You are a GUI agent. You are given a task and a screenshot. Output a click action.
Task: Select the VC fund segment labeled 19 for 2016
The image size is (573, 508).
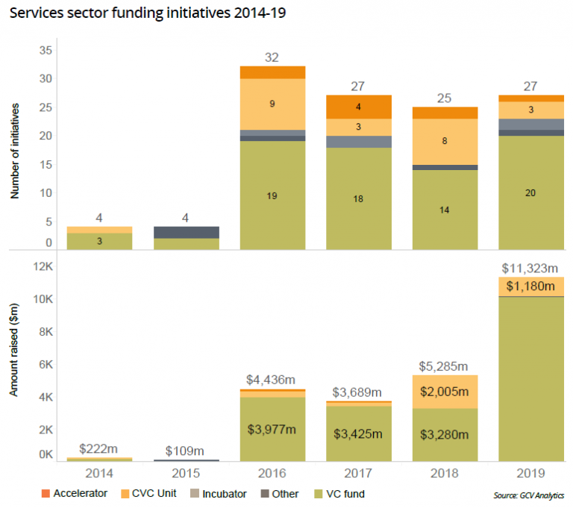pos(272,195)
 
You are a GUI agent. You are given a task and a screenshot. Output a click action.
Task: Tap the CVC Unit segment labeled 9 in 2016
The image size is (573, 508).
pos(272,104)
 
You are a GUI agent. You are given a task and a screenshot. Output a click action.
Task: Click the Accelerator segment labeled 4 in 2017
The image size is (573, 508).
pos(359,107)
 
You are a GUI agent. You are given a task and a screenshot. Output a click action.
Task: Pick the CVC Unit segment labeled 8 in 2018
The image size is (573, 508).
pos(445,141)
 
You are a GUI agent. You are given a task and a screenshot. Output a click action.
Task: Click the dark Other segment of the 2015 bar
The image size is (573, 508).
pos(186,232)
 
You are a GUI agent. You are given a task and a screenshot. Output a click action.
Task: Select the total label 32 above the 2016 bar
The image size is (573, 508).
pos(272,57)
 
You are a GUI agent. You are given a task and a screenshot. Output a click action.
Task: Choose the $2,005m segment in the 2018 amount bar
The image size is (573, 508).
pos(445,392)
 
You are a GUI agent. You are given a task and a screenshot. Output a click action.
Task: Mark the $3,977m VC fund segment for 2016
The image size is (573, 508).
pos(272,429)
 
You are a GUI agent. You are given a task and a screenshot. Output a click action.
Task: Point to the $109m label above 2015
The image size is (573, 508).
pos(186,450)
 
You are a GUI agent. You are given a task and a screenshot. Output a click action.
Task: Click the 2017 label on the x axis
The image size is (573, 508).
pos(359,473)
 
